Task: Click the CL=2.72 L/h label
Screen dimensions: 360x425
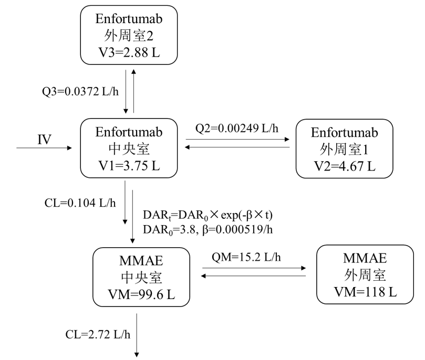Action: tap(93, 334)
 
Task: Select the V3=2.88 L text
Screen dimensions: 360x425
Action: tap(129, 51)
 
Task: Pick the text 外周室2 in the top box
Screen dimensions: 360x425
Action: tap(129, 35)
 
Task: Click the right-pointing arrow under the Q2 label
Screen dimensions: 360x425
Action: tap(237, 140)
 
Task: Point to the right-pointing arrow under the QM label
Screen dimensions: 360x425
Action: tap(255, 268)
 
